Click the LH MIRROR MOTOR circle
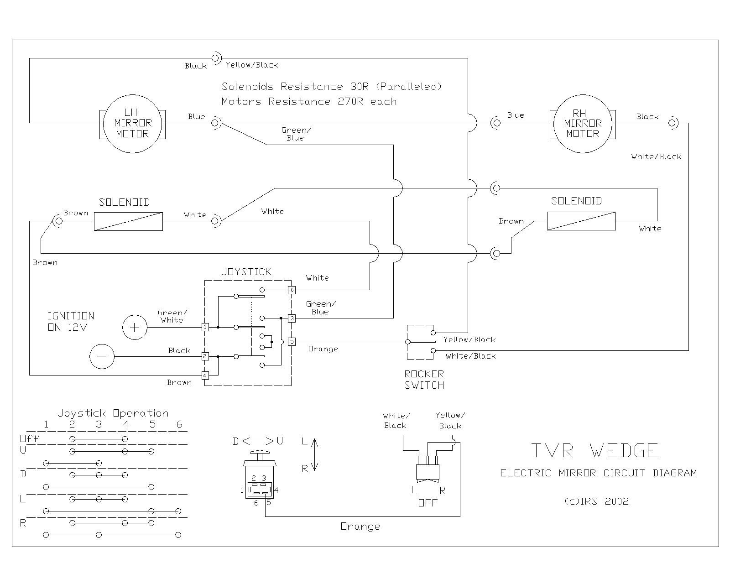tap(132, 123)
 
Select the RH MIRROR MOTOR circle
tap(583, 123)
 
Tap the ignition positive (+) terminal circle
tap(135, 327)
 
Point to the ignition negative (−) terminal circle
tap(101, 356)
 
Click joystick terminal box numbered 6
tap(292, 290)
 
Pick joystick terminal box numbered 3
tap(292, 318)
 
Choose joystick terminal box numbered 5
tap(292, 342)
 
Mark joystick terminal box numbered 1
tap(205, 327)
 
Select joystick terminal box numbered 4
tap(205, 375)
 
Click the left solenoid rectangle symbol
tap(128, 221)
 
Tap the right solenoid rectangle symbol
tap(581, 221)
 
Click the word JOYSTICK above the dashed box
tap(246, 272)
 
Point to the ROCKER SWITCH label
tap(424, 380)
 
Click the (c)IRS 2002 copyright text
tap(597, 501)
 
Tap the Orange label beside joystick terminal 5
tap(323, 349)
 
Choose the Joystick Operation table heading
tap(113, 413)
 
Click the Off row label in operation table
tap(30, 439)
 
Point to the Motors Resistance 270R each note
tap(309, 101)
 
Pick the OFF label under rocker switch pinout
tap(428, 503)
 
